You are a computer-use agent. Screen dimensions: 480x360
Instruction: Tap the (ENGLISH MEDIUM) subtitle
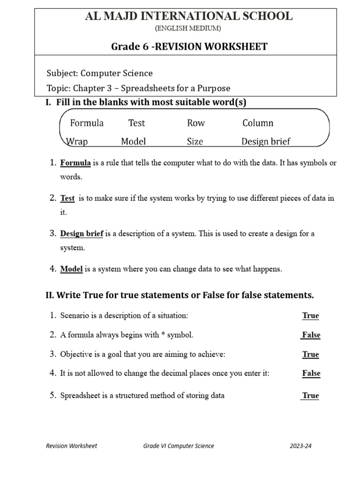point(187,29)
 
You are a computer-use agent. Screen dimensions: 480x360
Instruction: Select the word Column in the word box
point(258,123)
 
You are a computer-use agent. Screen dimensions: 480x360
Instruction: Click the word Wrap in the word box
point(77,141)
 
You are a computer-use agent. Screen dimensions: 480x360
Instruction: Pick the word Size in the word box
point(195,141)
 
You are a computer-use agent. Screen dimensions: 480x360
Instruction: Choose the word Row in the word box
point(196,123)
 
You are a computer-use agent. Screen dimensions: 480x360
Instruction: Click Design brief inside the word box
point(266,141)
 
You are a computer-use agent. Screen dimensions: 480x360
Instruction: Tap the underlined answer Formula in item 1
point(75,163)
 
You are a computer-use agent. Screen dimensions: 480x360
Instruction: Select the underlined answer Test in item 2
point(67,198)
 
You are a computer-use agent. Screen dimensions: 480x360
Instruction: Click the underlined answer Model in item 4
point(71,269)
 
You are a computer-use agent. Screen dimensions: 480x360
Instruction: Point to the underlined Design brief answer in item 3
point(82,233)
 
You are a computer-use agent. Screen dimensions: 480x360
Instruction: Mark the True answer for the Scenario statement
point(310,315)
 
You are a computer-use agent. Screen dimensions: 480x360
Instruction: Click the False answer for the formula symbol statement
point(311,335)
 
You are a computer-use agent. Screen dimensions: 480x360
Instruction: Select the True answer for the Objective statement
point(310,354)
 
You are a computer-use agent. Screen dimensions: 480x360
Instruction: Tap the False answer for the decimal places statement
point(311,373)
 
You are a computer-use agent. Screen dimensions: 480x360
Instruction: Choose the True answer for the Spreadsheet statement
point(310,396)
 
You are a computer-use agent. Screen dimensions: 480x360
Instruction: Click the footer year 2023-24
point(300,446)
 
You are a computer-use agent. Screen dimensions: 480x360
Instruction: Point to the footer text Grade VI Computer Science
point(179,446)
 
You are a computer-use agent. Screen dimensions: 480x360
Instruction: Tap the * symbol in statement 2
point(164,335)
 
